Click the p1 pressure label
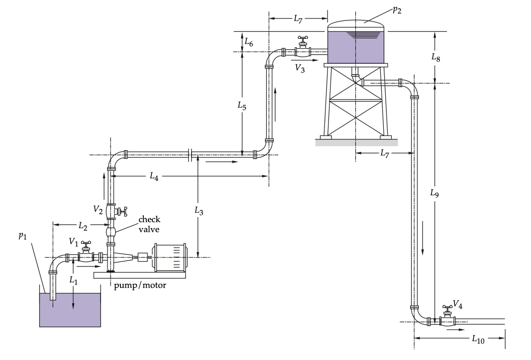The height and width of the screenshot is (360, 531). (22, 236)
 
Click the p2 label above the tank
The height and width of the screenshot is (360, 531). (397, 10)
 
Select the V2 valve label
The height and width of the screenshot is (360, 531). (99, 210)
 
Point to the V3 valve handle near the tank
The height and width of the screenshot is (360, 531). (303, 38)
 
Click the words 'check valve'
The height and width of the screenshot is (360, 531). (149, 224)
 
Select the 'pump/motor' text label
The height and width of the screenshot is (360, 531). (140, 285)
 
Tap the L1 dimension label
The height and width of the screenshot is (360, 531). (74, 281)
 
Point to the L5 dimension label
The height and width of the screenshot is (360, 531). (241, 106)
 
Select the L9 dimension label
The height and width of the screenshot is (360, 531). (435, 193)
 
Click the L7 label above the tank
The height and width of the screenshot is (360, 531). (298, 19)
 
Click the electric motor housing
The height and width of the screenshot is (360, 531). (170, 257)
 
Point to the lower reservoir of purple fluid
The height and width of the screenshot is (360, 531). (70, 311)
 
